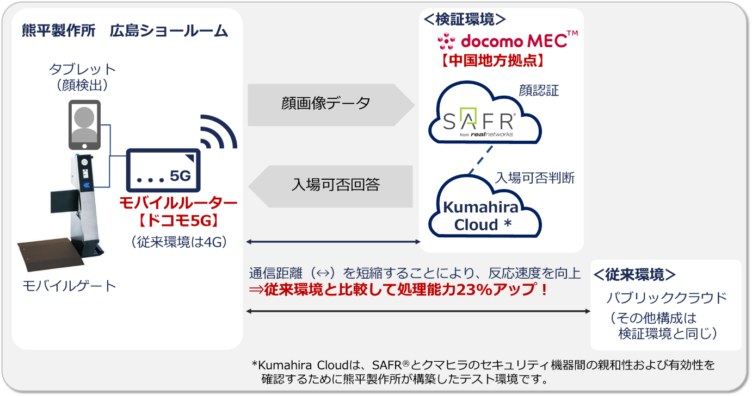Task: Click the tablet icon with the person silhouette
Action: point(84,124)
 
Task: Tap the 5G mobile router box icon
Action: point(163,170)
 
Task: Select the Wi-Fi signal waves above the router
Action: point(219,131)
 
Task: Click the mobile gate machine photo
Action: point(62,212)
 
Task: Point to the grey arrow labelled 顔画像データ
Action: point(331,105)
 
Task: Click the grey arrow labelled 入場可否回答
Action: point(330,186)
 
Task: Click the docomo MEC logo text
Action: point(508,41)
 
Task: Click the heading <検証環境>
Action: point(465,19)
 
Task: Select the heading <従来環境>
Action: point(634,274)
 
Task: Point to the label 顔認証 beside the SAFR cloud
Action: point(539,91)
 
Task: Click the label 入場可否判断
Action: point(535,178)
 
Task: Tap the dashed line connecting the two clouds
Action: point(480,160)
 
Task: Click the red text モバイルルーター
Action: point(178,203)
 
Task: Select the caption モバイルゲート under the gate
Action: point(69,286)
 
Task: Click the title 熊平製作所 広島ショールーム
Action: point(125,30)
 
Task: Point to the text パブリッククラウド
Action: point(667,298)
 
